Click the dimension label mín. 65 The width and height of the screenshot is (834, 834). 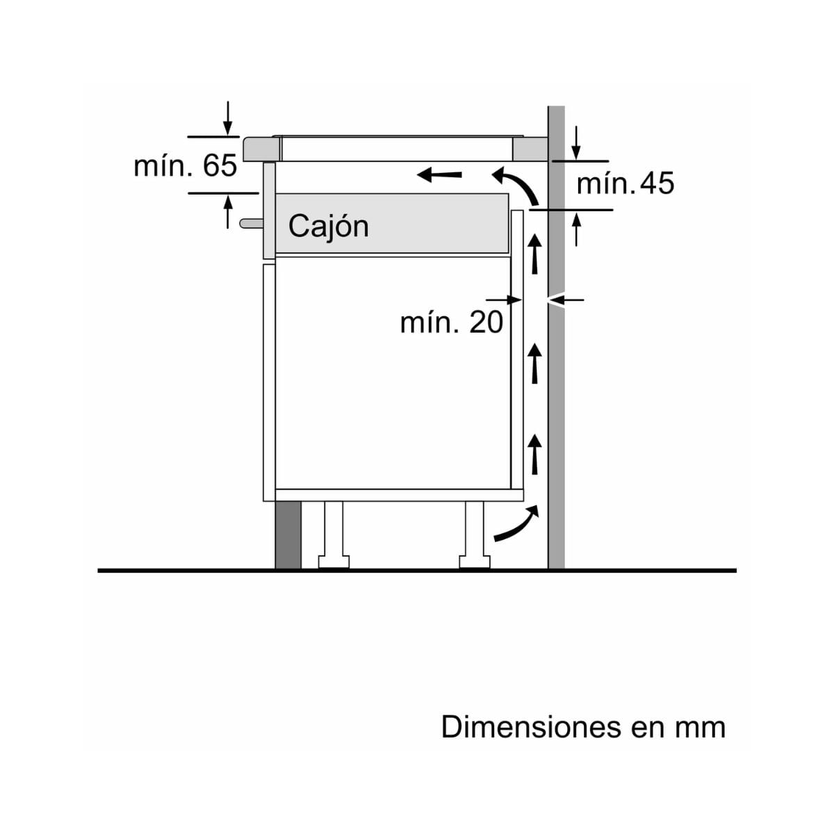(186, 166)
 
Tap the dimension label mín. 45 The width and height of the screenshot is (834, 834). (625, 183)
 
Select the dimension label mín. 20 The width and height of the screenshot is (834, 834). (451, 323)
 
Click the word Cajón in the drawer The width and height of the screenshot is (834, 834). (328, 227)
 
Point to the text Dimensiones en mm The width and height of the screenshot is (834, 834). (583, 727)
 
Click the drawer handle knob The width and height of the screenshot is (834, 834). (251, 223)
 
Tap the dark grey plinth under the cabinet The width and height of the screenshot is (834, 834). (288, 534)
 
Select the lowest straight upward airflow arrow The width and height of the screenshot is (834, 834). (535, 452)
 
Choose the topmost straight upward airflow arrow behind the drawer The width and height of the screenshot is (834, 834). (535, 254)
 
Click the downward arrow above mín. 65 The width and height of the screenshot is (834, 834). (228, 118)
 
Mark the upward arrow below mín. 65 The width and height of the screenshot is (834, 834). (228, 211)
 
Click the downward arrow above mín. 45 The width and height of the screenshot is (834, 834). (576, 143)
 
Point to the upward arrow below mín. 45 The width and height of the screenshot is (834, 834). (576, 229)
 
